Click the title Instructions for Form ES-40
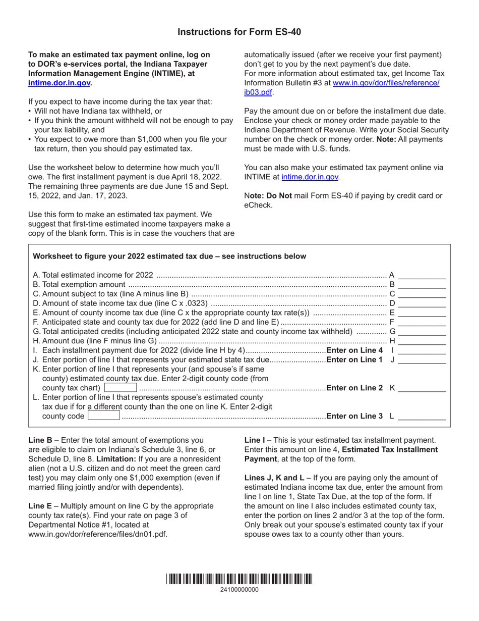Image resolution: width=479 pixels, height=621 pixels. pyautogui.click(x=239, y=32)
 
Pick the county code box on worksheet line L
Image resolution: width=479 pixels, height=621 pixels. pyautogui.click(x=104, y=417)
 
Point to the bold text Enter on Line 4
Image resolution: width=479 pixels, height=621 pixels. pyautogui.click(x=354, y=351)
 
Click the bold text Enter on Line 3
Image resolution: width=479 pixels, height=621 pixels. pyautogui.click(x=354, y=417)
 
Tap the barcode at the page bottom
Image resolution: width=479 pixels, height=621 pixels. pyautogui.click(x=239, y=580)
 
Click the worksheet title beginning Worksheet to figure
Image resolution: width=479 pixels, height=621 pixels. pyautogui.click(x=169, y=256)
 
